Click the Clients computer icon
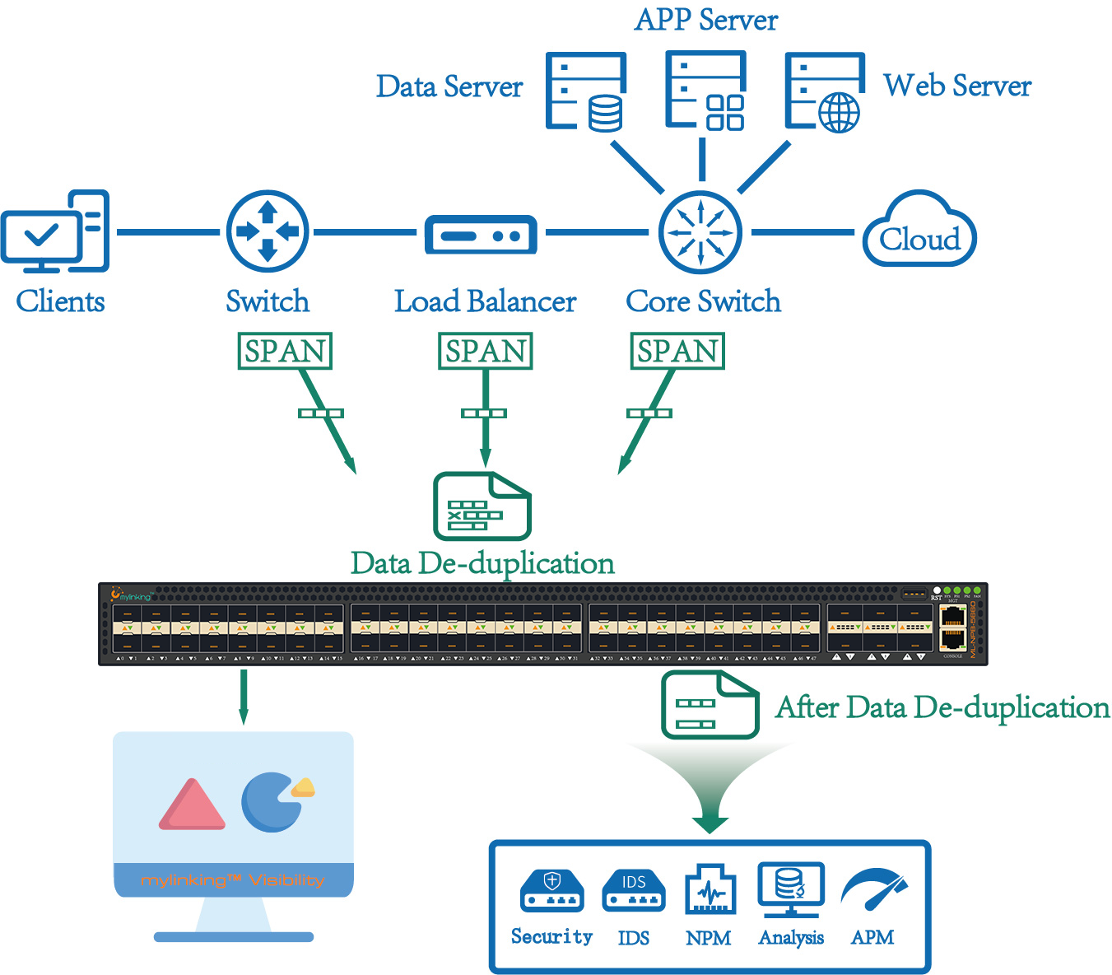pyautogui.click(x=55, y=232)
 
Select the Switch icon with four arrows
pyautogui.click(x=268, y=232)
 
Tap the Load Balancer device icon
pyautogui.click(x=481, y=236)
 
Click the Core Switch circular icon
pyautogui.click(x=700, y=232)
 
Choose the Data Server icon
pyautogui.click(x=586, y=91)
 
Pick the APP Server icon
pyautogui.click(x=705, y=91)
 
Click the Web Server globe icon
pyautogui.click(x=824, y=91)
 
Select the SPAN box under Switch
pyautogui.click(x=285, y=351)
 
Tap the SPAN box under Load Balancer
pyautogui.click(x=486, y=351)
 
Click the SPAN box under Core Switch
pyautogui.click(x=677, y=351)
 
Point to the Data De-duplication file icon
pyautogui.click(x=482, y=506)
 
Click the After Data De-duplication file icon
pyautogui.click(x=710, y=704)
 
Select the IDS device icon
pyautogui.click(x=633, y=891)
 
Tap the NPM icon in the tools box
pyautogui.click(x=710, y=889)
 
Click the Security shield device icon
pyautogui.click(x=552, y=891)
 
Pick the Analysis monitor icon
pyautogui.click(x=791, y=889)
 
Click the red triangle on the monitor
pyautogui.click(x=192, y=805)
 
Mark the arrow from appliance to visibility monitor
pyautogui.click(x=244, y=697)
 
